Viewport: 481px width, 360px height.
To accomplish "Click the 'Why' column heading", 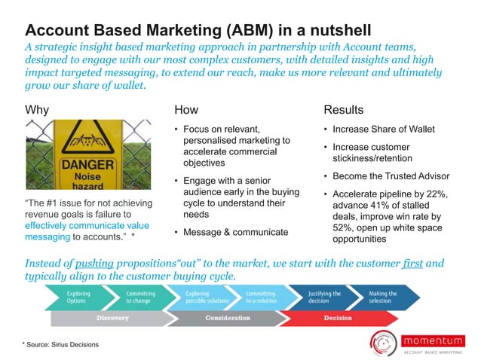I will (37, 110).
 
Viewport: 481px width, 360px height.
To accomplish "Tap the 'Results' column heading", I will (343, 110).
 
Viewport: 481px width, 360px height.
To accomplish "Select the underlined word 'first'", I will (412, 264).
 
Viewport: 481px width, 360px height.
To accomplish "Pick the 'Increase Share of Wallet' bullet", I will (383, 129).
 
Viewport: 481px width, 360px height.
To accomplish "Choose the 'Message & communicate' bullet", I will (235, 232).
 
